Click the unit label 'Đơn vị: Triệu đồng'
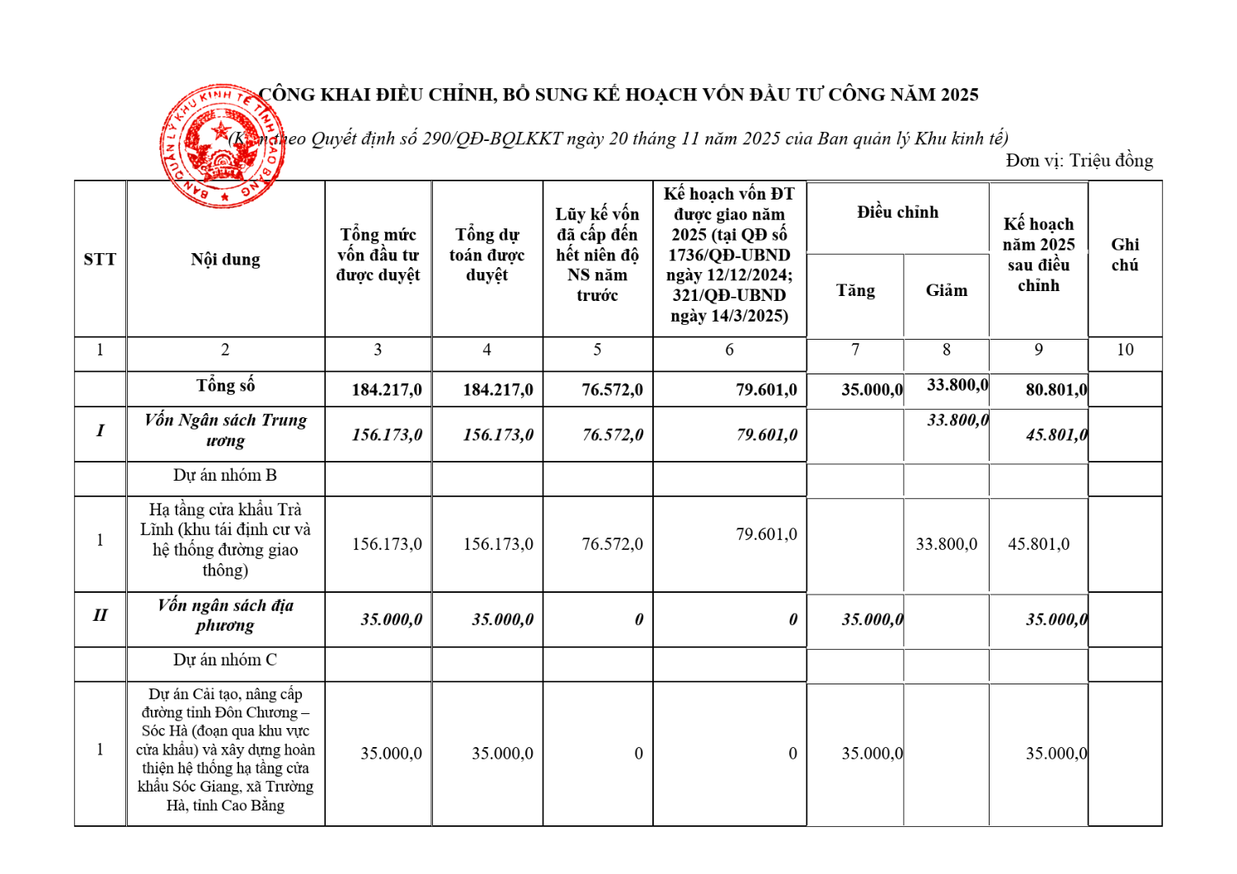pyautogui.click(x=1079, y=161)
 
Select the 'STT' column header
pyautogui.click(x=100, y=260)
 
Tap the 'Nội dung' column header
pyautogui.click(x=225, y=260)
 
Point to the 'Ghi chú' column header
pyautogui.click(x=1125, y=255)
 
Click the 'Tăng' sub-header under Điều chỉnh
pyautogui.click(x=855, y=290)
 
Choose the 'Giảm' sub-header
pyautogui.click(x=947, y=290)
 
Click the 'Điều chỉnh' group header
pyautogui.click(x=897, y=213)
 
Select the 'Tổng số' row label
pyautogui.click(x=225, y=386)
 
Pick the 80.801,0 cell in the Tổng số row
pyautogui.click(x=1056, y=390)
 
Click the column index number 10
pyautogui.click(x=1125, y=350)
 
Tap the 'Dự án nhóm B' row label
pyautogui.click(x=225, y=476)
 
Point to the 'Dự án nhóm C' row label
pyautogui.click(x=225, y=660)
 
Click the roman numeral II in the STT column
pyautogui.click(x=100, y=615)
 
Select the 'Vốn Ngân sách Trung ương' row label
pyautogui.click(x=225, y=430)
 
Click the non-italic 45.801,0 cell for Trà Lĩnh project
pyautogui.click(x=1038, y=544)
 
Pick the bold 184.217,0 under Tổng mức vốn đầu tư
pyautogui.click(x=386, y=390)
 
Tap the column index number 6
pyautogui.click(x=729, y=350)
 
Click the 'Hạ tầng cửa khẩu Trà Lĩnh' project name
pyautogui.click(x=225, y=540)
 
